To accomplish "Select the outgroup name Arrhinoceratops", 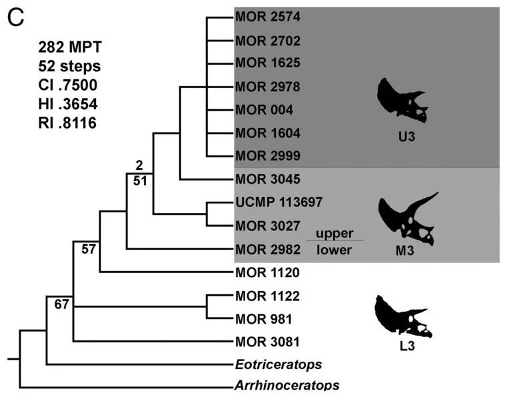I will (x=287, y=386).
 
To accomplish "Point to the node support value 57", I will (x=89, y=249).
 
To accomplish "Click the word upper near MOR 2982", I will (x=334, y=234).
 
